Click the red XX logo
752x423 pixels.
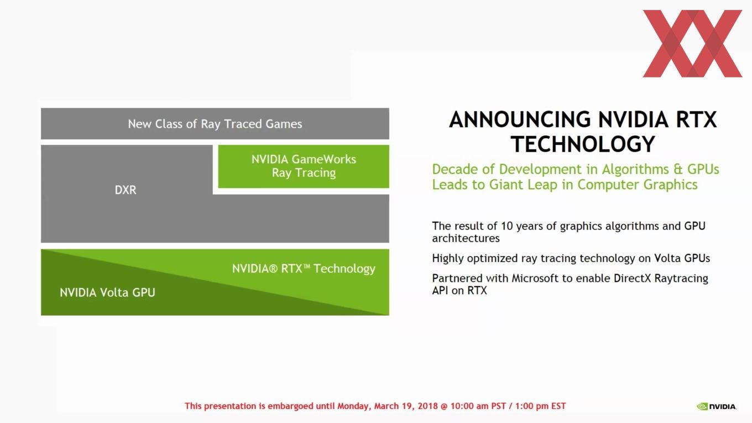coord(692,44)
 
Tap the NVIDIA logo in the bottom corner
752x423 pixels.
coord(717,406)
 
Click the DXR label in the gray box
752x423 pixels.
coord(126,190)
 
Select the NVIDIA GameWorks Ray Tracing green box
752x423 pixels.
coord(304,166)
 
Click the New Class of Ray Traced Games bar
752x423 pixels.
coord(215,123)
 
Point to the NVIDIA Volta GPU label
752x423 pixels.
coord(107,293)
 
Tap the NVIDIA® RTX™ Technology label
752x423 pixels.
coord(304,269)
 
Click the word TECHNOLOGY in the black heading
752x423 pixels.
coord(583,144)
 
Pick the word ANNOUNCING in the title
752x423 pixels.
coord(520,119)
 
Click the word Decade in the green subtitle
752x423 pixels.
coord(455,169)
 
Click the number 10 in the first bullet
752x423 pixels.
coord(507,226)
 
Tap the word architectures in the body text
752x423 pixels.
coord(466,238)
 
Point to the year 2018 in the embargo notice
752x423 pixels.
coord(428,406)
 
